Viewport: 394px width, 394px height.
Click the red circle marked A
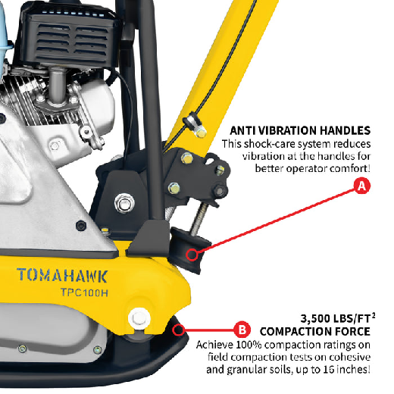(361, 186)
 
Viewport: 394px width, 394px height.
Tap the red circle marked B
(242, 330)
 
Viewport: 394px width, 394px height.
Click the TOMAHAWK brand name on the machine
(62, 275)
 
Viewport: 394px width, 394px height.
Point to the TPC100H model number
(84, 292)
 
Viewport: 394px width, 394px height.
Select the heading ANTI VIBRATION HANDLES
(300, 130)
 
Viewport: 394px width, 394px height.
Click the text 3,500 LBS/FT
(336, 318)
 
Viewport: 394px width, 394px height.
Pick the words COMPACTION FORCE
(315, 331)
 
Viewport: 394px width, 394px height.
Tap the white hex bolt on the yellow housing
(139, 319)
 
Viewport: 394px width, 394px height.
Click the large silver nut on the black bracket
(124, 203)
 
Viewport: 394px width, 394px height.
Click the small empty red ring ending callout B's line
(179, 330)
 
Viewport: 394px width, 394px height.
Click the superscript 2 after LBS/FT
(374, 315)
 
